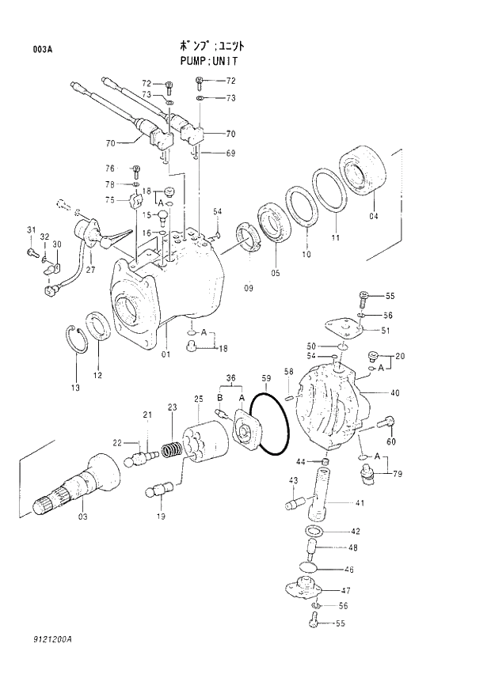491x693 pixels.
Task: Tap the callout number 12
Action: coord(97,375)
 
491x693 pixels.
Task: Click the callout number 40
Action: coord(394,393)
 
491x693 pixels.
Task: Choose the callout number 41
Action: coord(359,502)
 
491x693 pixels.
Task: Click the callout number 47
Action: coord(345,590)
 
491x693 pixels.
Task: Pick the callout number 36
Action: coord(230,377)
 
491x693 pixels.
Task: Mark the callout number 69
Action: coord(230,153)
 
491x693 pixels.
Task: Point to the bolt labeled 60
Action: coord(387,422)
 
